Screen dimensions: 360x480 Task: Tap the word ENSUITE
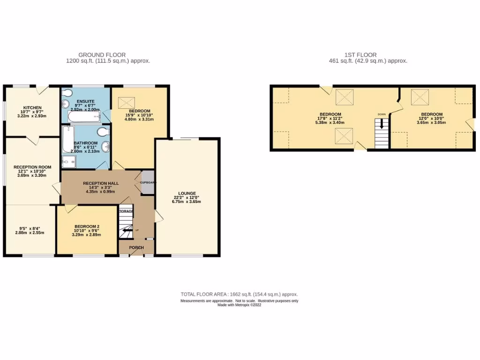pos(85,101)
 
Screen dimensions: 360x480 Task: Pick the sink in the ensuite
pos(65,104)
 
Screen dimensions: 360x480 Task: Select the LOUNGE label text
pos(187,193)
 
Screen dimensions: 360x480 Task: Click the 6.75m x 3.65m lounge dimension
pos(187,202)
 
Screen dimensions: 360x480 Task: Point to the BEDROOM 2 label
pos(87,226)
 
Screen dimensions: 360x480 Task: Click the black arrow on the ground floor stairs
pos(126,230)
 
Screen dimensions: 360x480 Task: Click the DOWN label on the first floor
pos(382,114)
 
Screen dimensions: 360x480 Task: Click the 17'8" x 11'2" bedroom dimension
pos(330,119)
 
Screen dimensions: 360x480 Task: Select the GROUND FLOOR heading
pos(102,55)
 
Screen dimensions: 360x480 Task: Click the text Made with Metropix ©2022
pos(239,305)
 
